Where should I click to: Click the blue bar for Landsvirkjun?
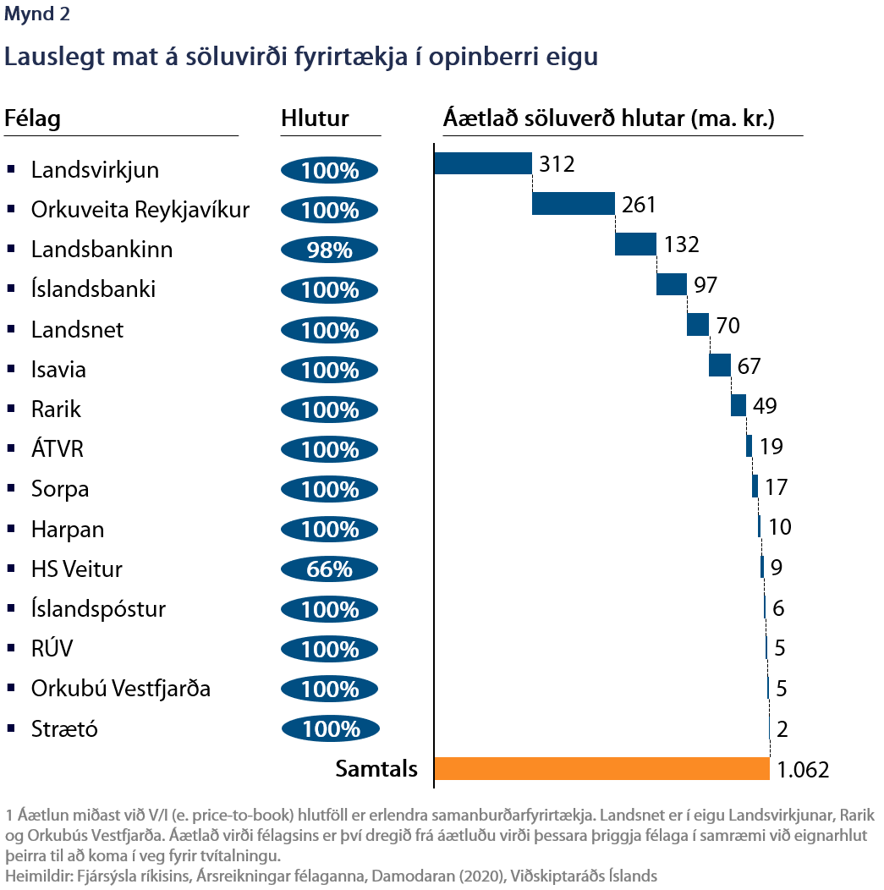click(x=482, y=163)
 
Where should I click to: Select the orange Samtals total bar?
click(x=601, y=768)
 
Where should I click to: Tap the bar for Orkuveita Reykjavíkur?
click(x=573, y=204)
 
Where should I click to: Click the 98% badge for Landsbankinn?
click(x=330, y=250)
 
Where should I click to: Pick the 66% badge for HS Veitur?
click(x=330, y=569)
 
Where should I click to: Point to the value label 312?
click(x=557, y=164)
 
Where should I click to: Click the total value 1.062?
click(x=803, y=769)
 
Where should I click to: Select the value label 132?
click(x=682, y=244)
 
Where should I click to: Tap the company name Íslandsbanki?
click(x=93, y=289)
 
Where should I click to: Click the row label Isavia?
click(x=58, y=370)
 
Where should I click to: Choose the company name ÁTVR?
click(x=58, y=449)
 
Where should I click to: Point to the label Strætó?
click(x=64, y=728)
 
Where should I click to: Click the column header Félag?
click(x=32, y=118)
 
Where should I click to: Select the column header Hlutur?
click(x=315, y=118)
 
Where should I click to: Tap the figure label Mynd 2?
click(x=38, y=14)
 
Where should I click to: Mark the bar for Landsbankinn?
click(x=635, y=244)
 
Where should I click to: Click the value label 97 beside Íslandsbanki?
click(x=706, y=284)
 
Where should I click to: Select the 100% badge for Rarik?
click(x=330, y=409)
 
